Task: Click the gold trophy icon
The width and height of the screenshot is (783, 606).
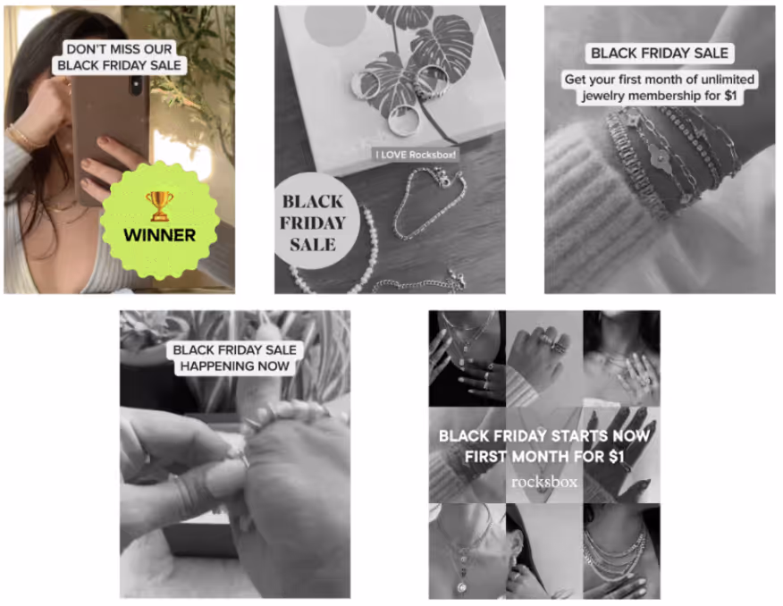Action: pyautogui.click(x=160, y=206)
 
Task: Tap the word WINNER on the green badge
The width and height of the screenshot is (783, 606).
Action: pyautogui.click(x=160, y=235)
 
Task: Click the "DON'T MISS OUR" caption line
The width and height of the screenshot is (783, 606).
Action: pyautogui.click(x=120, y=49)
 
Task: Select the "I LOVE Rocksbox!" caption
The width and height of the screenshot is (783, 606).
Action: pyautogui.click(x=416, y=155)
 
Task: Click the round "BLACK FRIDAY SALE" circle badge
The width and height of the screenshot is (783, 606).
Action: pyautogui.click(x=316, y=222)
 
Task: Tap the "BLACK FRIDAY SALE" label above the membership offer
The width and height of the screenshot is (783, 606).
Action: pyautogui.click(x=660, y=53)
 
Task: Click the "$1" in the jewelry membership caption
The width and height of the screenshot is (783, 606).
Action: pyautogui.click(x=730, y=96)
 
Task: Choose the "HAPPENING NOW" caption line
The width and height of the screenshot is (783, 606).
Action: pyautogui.click(x=235, y=366)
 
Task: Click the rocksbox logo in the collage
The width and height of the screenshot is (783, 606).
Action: pyautogui.click(x=544, y=482)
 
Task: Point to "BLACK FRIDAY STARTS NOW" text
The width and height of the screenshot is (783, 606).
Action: pyautogui.click(x=544, y=436)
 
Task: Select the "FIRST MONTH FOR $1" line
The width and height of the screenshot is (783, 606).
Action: pyautogui.click(x=544, y=456)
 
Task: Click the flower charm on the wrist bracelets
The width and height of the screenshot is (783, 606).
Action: pyautogui.click(x=660, y=156)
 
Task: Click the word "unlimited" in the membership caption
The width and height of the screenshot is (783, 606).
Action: pyautogui.click(x=728, y=80)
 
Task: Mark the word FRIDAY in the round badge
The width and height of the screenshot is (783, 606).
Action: pyautogui.click(x=313, y=223)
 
